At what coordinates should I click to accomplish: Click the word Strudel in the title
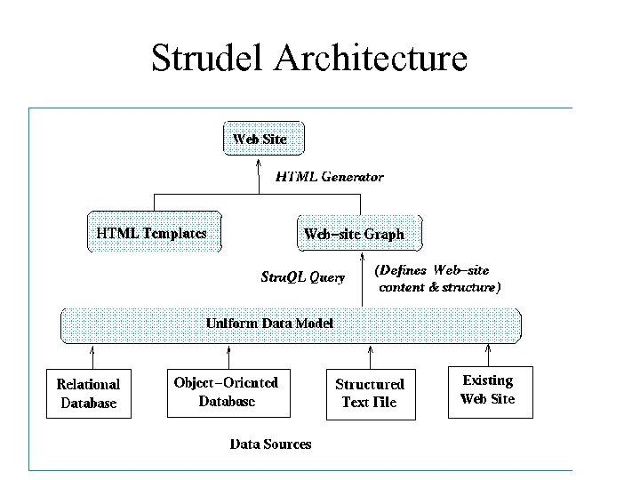(210, 58)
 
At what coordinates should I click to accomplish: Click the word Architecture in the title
(372, 58)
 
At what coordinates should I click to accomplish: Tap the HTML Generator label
(329, 177)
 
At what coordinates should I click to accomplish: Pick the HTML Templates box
(152, 233)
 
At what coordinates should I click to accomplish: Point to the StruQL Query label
(302, 277)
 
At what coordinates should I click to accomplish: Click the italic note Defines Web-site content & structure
(436, 278)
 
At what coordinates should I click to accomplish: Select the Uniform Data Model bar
(289, 324)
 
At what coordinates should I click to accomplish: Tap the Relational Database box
(88, 394)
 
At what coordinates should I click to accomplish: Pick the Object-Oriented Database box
(227, 392)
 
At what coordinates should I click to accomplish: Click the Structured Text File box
(369, 394)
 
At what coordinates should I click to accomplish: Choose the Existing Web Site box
(488, 390)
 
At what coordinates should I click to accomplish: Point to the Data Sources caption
(271, 444)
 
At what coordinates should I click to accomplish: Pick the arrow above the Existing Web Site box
(488, 355)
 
